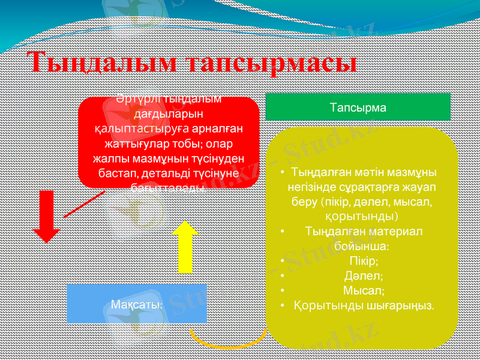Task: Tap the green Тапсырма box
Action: [x=358, y=107]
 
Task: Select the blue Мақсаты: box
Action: [x=137, y=304]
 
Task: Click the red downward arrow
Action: [x=46, y=216]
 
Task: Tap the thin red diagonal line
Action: [x=84, y=204]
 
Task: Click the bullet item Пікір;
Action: [x=363, y=261]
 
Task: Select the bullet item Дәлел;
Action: [x=364, y=276]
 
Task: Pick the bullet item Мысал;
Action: [x=364, y=290]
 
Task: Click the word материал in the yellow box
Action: [x=391, y=231]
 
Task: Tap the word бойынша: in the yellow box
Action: [x=362, y=246]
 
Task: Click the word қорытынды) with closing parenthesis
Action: [x=363, y=215]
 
